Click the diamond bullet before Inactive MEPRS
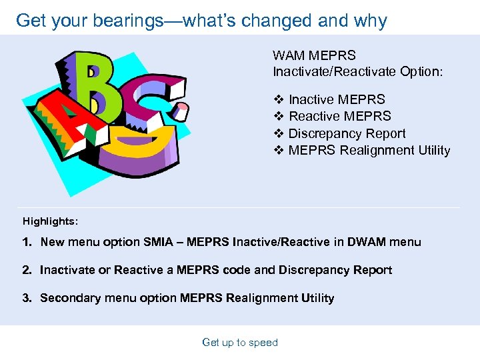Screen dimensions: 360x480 [x=279, y=100]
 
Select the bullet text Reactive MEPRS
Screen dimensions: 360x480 [x=339, y=117]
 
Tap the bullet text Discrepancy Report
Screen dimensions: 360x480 [x=347, y=133]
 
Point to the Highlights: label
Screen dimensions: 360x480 [x=51, y=221]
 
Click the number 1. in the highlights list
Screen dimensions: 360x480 [x=27, y=242]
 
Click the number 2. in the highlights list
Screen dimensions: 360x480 [x=27, y=270]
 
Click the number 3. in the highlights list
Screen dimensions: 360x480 [x=27, y=298]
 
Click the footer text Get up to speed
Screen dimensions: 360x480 [x=240, y=343]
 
